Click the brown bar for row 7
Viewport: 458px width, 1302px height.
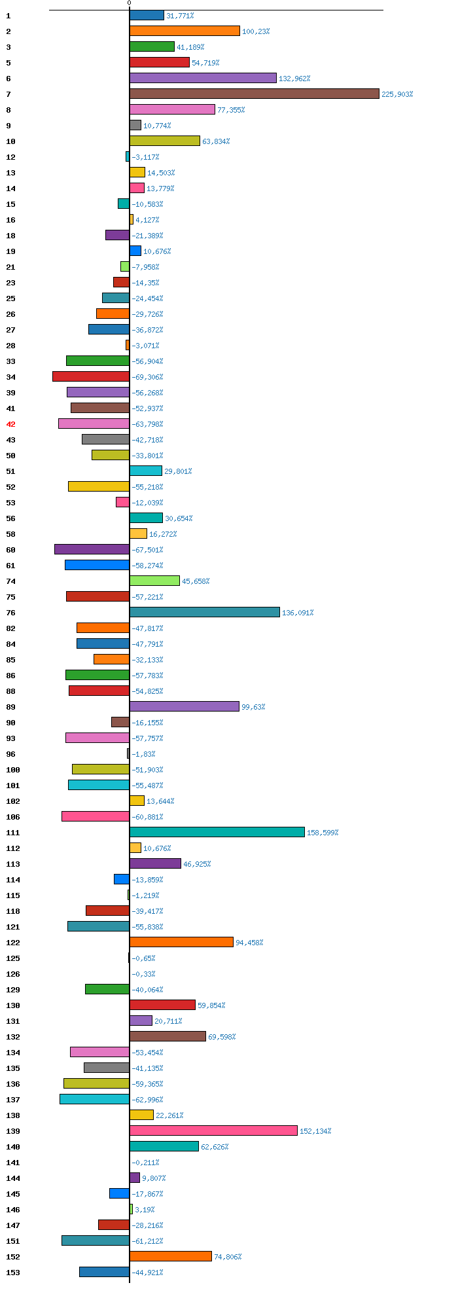click(x=254, y=94)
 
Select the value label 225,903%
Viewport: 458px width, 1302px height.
click(x=397, y=94)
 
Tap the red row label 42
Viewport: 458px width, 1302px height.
click(x=10, y=424)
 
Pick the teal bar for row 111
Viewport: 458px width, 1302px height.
click(x=217, y=832)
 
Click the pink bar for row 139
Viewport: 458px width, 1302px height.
click(x=213, y=1130)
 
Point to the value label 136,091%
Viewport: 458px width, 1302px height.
click(x=298, y=613)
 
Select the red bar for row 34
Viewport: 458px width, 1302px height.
click(x=91, y=376)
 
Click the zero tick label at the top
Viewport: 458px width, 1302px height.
click(x=129, y=3)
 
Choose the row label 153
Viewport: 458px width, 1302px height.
click(x=12, y=1273)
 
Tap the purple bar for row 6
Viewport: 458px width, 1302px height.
click(x=203, y=78)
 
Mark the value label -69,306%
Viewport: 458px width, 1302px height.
click(x=147, y=377)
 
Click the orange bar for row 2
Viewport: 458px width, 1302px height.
click(x=185, y=31)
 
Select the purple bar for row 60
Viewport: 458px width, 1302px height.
click(x=92, y=549)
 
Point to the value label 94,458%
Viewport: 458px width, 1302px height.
click(x=249, y=943)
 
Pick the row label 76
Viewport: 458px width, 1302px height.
click(x=10, y=613)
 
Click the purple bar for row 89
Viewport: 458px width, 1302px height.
click(x=185, y=706)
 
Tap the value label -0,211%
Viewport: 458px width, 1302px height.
click(x=145, y=1163)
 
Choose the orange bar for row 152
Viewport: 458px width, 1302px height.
click(x=171, y=1256)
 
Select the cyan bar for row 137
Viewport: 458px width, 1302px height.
click(x=94, y=1099)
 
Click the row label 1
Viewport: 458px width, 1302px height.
click(x=9, y=16)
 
